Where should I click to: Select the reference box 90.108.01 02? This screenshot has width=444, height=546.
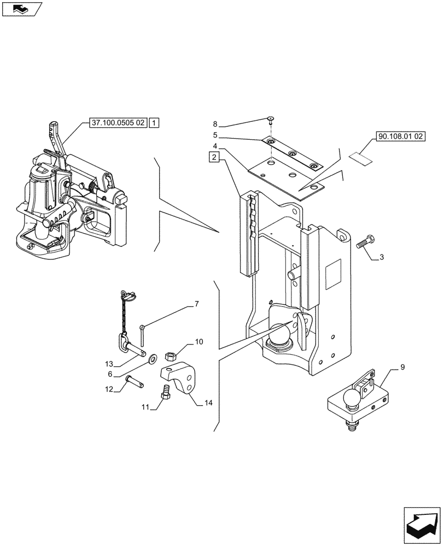[x=401, y=137]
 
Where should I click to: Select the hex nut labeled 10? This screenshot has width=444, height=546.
[x=170, y=356]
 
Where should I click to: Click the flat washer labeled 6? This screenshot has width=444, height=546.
[x=151, y=358]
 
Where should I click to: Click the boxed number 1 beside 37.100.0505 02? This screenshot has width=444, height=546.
[x=155, y=124]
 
